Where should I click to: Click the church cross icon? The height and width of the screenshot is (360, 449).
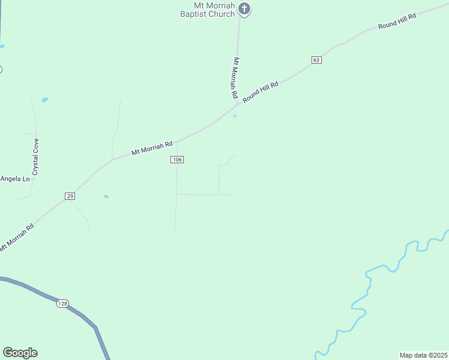point(244,8)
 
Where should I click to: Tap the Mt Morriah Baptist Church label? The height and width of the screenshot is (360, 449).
point(208,10)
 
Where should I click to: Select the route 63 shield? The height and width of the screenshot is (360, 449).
point(316,59)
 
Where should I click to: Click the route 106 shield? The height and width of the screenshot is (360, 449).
point(176,159)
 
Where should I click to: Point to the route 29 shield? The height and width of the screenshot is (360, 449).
point(70,196)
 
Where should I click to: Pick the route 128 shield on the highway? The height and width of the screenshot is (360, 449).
point(63,304)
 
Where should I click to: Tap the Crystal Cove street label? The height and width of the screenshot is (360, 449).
point(36,156)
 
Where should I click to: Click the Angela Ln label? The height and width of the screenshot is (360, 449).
point(15,179)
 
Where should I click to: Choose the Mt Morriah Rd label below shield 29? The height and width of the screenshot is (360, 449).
point(17,237)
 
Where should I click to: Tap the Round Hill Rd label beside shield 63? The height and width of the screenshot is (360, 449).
point(396,23)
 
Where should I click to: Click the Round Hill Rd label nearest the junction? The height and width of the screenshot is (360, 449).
point(261,91)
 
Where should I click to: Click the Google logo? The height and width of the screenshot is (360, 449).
point(20,353)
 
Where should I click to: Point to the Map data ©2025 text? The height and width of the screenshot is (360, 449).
point(423,355)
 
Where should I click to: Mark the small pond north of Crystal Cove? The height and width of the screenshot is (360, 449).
point(45,100)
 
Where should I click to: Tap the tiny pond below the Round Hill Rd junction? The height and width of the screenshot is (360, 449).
point(235,116)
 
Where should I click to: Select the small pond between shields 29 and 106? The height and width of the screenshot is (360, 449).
point(106,196)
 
